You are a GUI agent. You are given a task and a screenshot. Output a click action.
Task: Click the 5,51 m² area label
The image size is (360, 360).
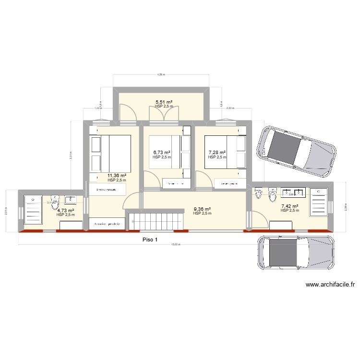tap(164, 102)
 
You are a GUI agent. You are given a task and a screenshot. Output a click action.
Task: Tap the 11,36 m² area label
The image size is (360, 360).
tap(117, 176)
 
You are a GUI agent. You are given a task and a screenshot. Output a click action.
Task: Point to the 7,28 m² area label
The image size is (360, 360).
tap(217, 152)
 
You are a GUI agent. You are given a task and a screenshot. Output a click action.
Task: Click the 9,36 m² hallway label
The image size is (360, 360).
tap(202, 209)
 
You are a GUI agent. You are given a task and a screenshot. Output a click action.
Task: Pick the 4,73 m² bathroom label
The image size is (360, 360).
tap(65, 210)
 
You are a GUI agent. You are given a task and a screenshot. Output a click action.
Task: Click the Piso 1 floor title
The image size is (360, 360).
tap(150, 240)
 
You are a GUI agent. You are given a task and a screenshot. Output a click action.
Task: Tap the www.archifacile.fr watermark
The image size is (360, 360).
tap(330, 285)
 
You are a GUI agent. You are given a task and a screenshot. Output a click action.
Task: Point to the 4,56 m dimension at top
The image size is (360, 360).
tap(161, 74)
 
